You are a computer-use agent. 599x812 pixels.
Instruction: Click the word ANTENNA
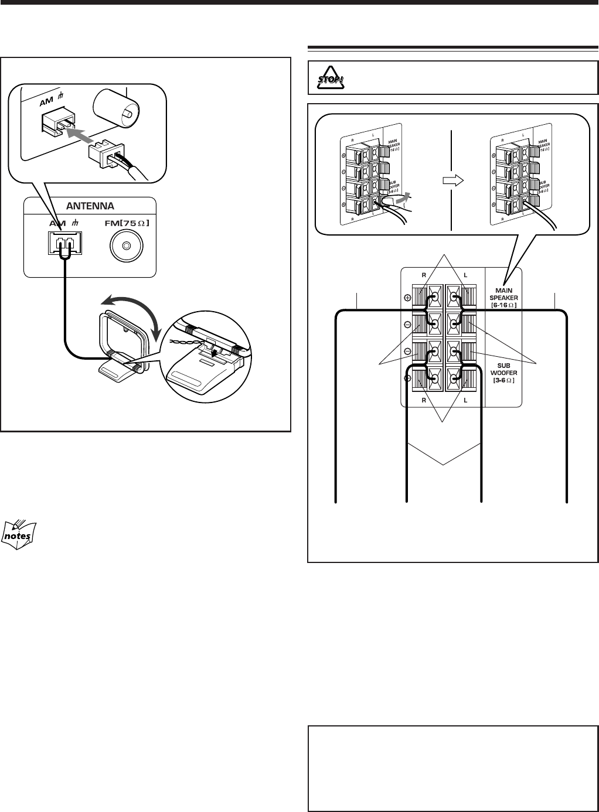(90, 206)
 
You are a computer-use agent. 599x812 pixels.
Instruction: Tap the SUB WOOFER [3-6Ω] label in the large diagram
(503, 373)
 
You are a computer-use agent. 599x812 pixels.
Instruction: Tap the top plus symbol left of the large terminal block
(408, 298)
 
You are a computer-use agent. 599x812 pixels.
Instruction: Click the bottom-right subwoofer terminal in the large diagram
(454, 378)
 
